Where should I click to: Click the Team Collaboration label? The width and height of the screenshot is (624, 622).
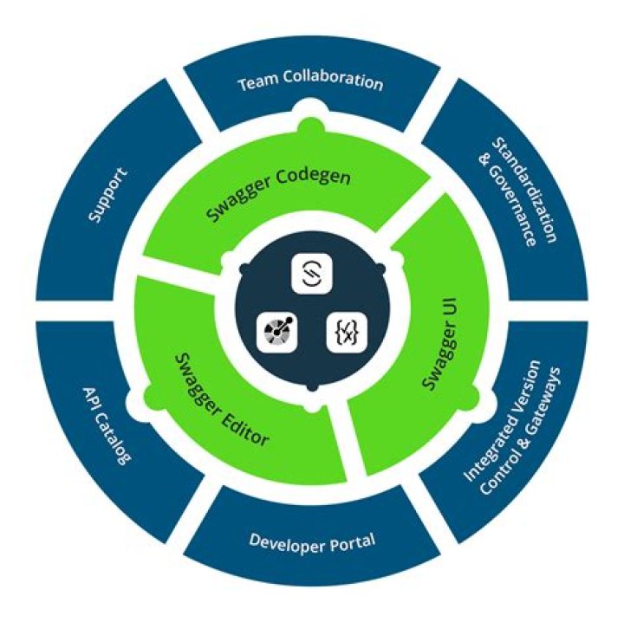pyautogui.click(x=310, y=81)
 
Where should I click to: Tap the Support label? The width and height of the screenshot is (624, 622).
pyautogui.click(x=108, y=195)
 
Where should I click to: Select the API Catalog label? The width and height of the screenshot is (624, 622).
pyautogui.click(x=107, y=426)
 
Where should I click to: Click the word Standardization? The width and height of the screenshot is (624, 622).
pyautogui.click(x=523, y=190)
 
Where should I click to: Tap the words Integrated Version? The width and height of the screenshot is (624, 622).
pyautogui.click(x=503, y=421)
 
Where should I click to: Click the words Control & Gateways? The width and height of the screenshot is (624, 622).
pyautogui.click(x=521, y=431)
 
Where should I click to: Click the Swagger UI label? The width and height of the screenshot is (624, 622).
pyautogui.click(x=440, y=343)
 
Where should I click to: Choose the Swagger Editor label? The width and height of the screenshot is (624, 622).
pyautogui.click(x=222, y=399)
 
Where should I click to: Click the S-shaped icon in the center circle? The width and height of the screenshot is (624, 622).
pyautogui.click(x=312, y=273)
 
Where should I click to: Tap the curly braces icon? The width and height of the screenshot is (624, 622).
pyautogui.click(x=346, y=332)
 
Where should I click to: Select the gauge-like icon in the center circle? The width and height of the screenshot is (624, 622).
pyautogui.click(x=277, y=332)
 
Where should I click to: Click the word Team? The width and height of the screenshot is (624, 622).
pyautogui.click(x=258, y=82)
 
